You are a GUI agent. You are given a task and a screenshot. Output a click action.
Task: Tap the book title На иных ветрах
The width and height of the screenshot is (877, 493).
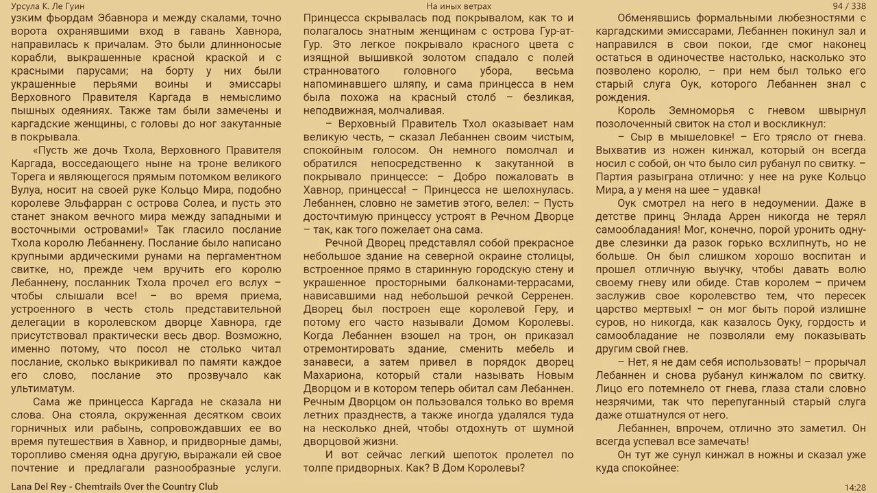coord(458,6)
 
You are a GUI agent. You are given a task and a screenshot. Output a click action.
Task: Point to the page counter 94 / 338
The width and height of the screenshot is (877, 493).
coord(849,6)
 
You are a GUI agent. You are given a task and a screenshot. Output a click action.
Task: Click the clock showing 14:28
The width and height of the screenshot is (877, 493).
coord(855,488)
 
